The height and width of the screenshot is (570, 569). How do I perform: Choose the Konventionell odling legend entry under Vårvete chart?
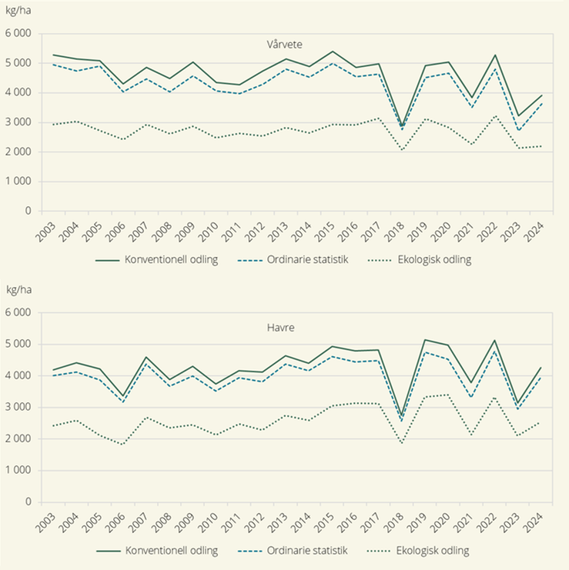[157, 260]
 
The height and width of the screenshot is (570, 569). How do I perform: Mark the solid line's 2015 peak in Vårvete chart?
[332, 52]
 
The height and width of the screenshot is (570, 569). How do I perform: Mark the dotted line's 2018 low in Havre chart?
[402, 443]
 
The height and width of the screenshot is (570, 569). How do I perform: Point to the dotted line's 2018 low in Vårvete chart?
[402, 150]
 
